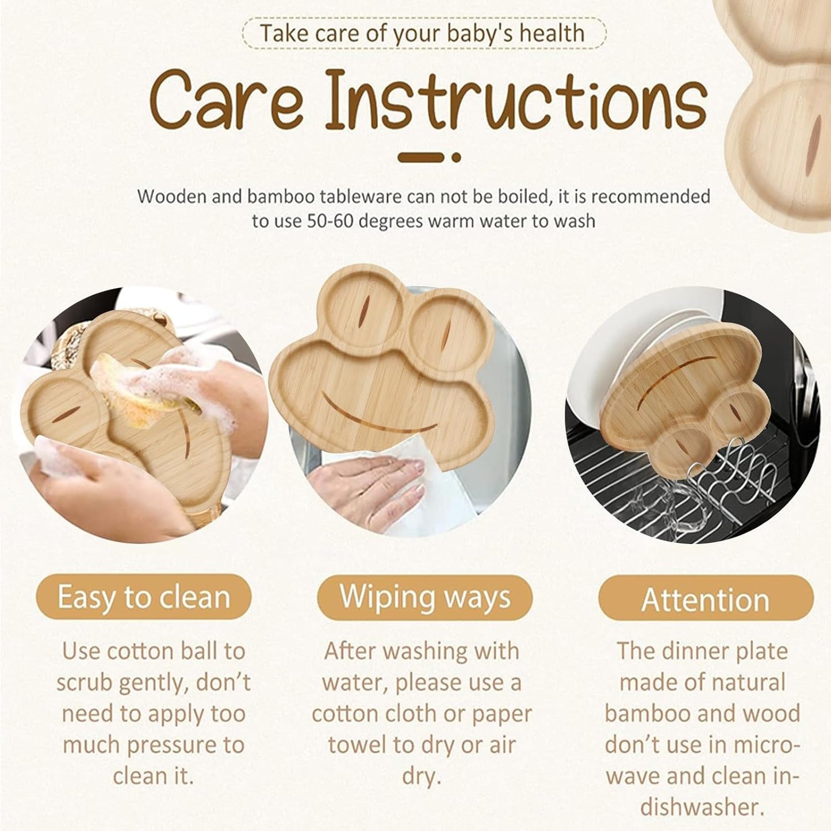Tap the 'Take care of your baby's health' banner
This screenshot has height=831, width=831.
tap(423, 33)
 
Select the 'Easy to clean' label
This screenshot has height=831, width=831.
tap(144, 597)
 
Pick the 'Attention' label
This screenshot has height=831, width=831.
tap(706, 600)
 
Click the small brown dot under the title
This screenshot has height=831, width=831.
tap(456, 157)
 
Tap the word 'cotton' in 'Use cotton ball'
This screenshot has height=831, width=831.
tap(140, 652)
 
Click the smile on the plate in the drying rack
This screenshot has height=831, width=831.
tap(679, 377)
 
